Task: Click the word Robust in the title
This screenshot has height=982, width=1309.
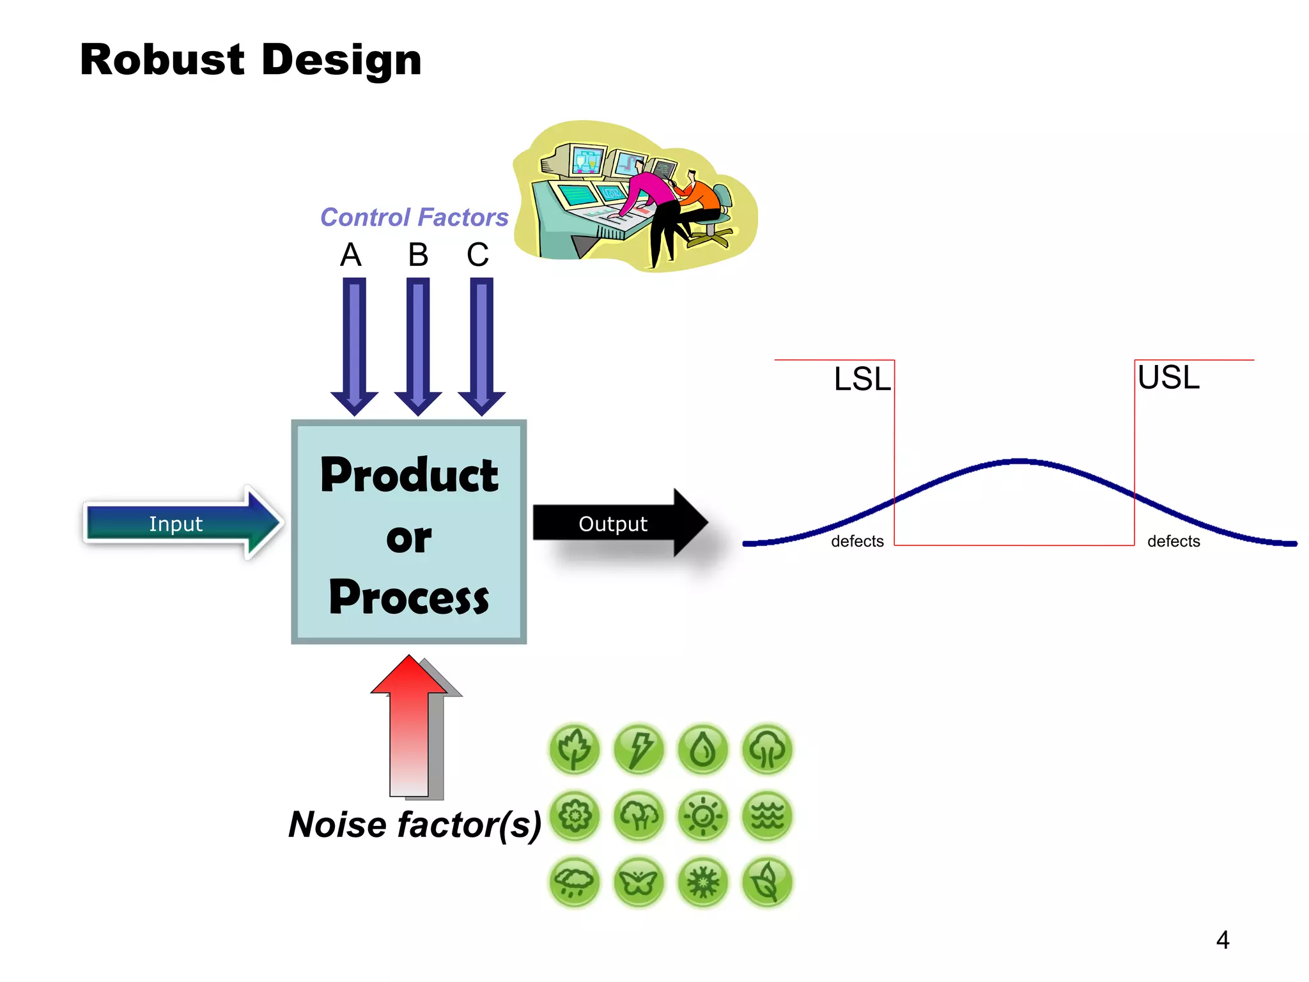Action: pyautogui.click(x=162, y=60)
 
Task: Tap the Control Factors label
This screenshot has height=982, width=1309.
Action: pyautogui.click(x=414, y=217)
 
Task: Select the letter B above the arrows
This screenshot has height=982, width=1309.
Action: pyautogui.click(x=418, y=255)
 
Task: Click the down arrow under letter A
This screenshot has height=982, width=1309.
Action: pyautogui.click(x=354, y=345)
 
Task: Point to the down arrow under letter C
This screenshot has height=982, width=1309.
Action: pyautogui.click(x=481, y=345)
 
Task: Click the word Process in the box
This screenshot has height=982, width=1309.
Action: pyautogui.click(x=409, y=598)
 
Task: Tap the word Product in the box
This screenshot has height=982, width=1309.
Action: pyautogui.click(x=409, y=475)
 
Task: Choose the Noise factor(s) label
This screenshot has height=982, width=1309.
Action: pyautogui.click(x=414, y=825)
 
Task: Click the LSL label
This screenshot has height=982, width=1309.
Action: pyautogui.click(x=862, y=379)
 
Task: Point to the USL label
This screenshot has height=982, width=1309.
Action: pyautogui.click(x=1168, y=377)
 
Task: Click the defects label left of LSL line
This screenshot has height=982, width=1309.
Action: pyautogui.click(x=857, y=542)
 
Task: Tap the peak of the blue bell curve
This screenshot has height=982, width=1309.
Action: pyautogui.click(x=1020, y=460)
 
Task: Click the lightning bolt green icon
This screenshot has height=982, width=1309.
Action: pyautogui.click(x=639, y=749)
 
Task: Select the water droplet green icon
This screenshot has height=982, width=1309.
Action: pyautogui.click(x=703, y=749)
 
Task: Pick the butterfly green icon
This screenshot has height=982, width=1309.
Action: pyautogui.click(x=639, y=883)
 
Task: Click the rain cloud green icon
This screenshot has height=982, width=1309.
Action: pyautogui.click(x=574, y=883)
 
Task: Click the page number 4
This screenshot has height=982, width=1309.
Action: pyautogui.click(x=1222, y=940)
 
